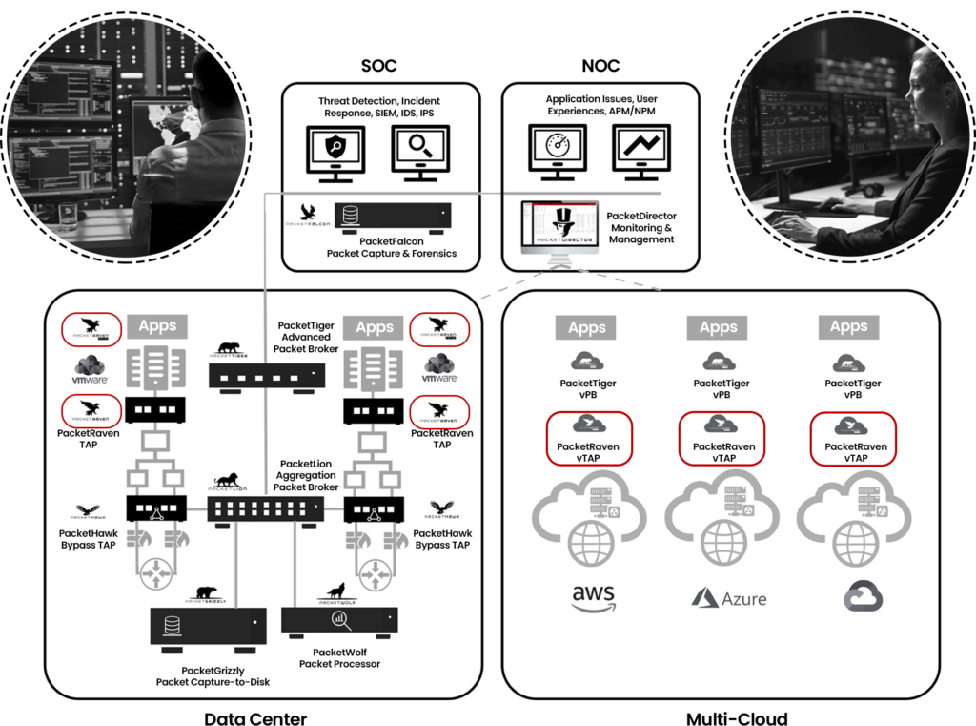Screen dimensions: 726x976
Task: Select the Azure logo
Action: point(728,598)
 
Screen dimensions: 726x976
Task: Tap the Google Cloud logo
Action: point(863,597)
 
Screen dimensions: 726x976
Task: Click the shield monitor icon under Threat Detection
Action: point(338,153)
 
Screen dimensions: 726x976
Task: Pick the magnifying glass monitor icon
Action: point(420,153)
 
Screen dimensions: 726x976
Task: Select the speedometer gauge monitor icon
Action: point(558,153)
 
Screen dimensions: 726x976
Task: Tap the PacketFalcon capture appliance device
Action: point(392,215)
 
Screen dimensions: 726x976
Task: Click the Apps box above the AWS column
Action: point(587,328)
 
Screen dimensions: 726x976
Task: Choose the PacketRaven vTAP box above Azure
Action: point(723,439)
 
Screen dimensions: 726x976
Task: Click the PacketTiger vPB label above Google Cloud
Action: point(852,388)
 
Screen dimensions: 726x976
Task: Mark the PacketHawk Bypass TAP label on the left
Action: point(88,539)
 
